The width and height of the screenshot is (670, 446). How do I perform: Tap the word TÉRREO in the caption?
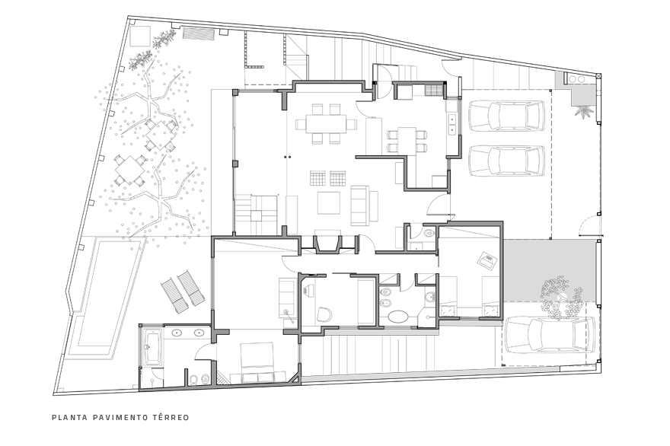point(171,417)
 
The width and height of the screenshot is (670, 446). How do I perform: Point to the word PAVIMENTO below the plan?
point(120,417)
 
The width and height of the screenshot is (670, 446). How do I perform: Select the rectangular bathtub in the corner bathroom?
point(153,347)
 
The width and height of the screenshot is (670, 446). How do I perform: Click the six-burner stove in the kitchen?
point(433,91)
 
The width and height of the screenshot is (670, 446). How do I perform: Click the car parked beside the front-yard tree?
point(550,335)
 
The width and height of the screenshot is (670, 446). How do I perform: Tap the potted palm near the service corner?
point(583,113)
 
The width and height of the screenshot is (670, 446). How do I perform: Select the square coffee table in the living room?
point(329,203)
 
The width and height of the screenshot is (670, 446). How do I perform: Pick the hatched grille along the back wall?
point(198,33)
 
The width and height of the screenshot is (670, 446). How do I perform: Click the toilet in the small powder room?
point(429,233)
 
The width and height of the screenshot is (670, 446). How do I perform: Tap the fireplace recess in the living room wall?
point(327,244)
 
